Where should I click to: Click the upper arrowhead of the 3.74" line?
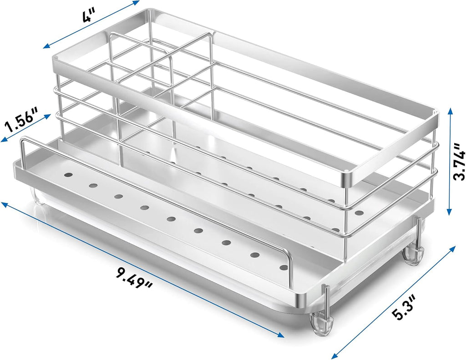point(451,111)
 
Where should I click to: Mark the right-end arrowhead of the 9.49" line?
point(281,335)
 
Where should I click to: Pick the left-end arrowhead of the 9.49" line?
point(5,204)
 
